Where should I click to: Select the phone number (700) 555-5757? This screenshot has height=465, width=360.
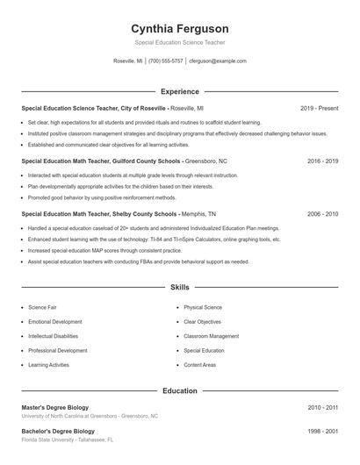[x=165, y=61]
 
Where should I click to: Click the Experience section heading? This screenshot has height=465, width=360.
[x=179, y=91]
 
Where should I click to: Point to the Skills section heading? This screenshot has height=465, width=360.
[x=179, y=287]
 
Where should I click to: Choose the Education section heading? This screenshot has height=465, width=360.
[x=179, y=390]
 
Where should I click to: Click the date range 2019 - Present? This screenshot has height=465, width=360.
[x=319, y=108]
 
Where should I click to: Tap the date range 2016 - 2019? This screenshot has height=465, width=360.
[x=322, y=161]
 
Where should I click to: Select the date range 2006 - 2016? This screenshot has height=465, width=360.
[x=322, y=213]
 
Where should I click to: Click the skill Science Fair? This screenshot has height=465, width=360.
[x=42, y=308]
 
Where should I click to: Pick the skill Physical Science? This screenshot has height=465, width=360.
[x=203, y=308]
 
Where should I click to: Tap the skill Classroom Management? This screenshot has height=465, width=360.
[x=211, y=336]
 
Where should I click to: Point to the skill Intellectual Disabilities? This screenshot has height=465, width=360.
[x=53, y=336]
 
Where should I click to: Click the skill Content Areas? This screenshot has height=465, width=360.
[x=199, y=364]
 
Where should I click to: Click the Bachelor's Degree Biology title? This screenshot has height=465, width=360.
[x=58, y=432]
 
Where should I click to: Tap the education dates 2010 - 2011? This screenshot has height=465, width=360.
[x=322, y=407]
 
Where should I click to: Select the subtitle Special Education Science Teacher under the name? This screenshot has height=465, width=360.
[x=179, y=42]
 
